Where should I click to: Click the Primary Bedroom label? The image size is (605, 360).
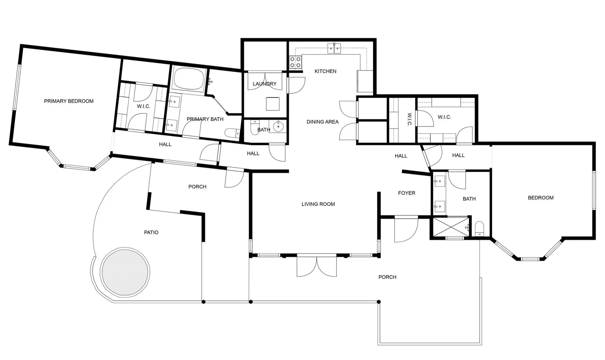click(x=69, y=101)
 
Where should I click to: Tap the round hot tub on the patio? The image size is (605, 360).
click(x=125, y=272)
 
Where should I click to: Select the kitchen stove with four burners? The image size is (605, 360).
click(x=295, y=62)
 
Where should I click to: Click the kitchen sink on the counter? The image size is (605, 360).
click(x=334, y=49)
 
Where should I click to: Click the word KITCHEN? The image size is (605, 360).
click(x=325, y=71)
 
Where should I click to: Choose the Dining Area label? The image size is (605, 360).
click(x=322, y=122)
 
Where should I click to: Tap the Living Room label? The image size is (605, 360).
click(x=318, y=204)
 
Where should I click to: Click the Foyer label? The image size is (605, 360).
click(x=406, y=193)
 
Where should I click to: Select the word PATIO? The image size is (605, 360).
click(x=151, y=232)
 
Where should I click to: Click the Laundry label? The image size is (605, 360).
click(x=264, y=84)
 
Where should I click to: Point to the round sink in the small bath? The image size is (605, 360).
click(x=278, y=126)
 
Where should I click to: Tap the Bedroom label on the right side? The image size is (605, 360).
click(x=540, y=198)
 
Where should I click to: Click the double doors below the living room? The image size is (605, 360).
click(x=317, y=266)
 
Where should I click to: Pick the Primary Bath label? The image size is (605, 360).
click(x=205, y=119)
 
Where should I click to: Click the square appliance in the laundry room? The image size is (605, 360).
click(x=272, y=104)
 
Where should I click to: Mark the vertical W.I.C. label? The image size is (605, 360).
click(x=410, y=120)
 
